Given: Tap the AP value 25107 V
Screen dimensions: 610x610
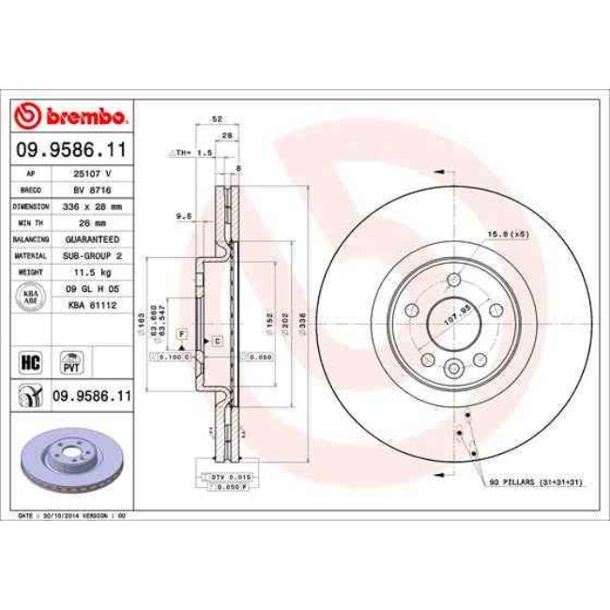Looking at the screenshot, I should [93, 175].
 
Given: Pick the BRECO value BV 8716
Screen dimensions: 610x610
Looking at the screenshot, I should [93, 190].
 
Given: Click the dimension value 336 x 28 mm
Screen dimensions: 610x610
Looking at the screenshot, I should [93, 206].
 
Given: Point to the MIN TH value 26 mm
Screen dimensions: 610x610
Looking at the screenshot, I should [93, 221].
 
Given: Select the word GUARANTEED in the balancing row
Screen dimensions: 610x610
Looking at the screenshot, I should [93, 238].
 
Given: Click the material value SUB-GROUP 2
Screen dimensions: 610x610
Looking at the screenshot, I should [93, 254].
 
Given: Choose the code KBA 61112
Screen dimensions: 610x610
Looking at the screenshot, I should [93, 305].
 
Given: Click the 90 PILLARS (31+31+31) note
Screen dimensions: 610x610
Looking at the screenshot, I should [534, 482].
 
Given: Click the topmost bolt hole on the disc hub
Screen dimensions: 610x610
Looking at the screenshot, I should [454, 279].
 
